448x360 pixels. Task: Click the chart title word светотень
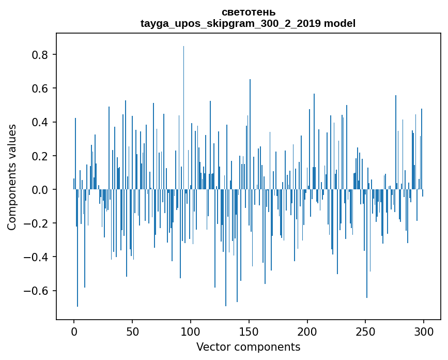(248, 12)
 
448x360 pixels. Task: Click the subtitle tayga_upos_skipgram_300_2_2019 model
(248, 23)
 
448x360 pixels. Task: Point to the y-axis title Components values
(12, 177)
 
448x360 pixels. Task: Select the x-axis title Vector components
(248, 347)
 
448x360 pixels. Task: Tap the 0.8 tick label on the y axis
(41, 55)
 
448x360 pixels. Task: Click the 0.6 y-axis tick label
(41, 88)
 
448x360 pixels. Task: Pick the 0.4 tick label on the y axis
(41, 123)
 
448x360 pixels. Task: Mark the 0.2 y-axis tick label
(41, 156)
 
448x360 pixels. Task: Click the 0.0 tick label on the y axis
(41, 190)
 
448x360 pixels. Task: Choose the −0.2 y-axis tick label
(38, 223)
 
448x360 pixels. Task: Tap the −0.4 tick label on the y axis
(38, 257)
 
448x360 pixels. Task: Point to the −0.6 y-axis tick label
(38, 291)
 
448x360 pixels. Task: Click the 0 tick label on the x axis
(74, 331)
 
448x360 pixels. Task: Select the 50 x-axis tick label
(132, 331)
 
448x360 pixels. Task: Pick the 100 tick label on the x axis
(191, 331)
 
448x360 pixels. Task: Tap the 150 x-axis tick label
(249, 331)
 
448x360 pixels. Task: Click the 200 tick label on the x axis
(307, 331)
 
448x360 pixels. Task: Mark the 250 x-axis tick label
(366, 331)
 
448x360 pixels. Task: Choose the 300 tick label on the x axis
(424, 331)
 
